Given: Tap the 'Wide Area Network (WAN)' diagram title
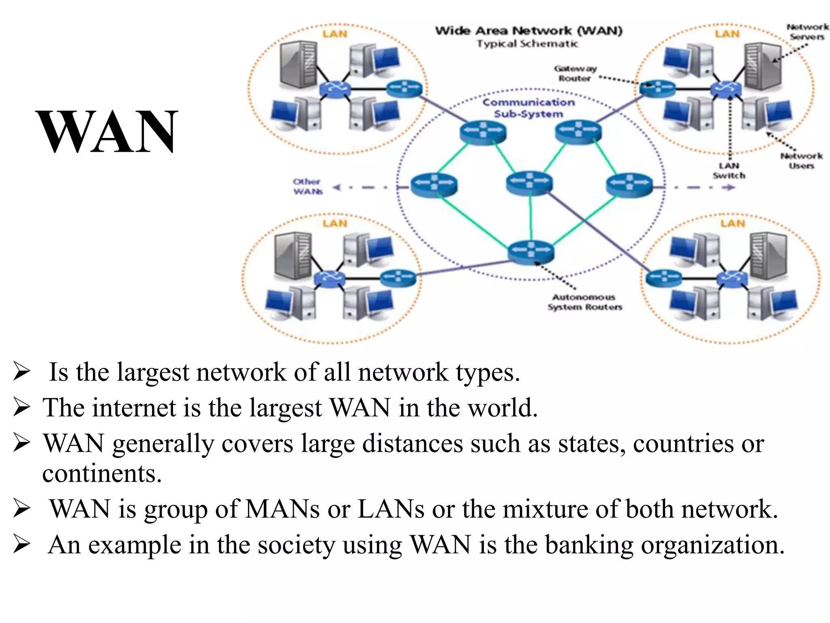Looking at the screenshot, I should coord(528,31).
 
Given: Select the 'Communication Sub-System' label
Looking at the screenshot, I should coord(528,108).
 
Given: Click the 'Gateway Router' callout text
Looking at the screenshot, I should coord(575,73).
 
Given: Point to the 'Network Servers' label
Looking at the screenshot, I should coord(807,32).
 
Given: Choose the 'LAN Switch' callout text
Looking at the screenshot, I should coord(729,171).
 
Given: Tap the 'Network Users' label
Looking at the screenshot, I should coord(801,161).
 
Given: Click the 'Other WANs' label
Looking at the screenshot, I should coord(308,187).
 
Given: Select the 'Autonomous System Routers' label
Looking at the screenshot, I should coord(584,302).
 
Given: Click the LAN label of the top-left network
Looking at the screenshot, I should coord(335,34).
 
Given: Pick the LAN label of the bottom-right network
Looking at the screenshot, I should coord(732,223).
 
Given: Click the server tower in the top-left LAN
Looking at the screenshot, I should coord(298,64).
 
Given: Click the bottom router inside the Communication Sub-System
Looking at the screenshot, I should coord(531,251).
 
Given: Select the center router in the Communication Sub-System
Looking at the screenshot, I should coord(529,183).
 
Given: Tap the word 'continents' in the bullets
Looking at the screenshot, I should coord(102,473).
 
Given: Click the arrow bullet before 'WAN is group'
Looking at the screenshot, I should coord(21,509).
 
